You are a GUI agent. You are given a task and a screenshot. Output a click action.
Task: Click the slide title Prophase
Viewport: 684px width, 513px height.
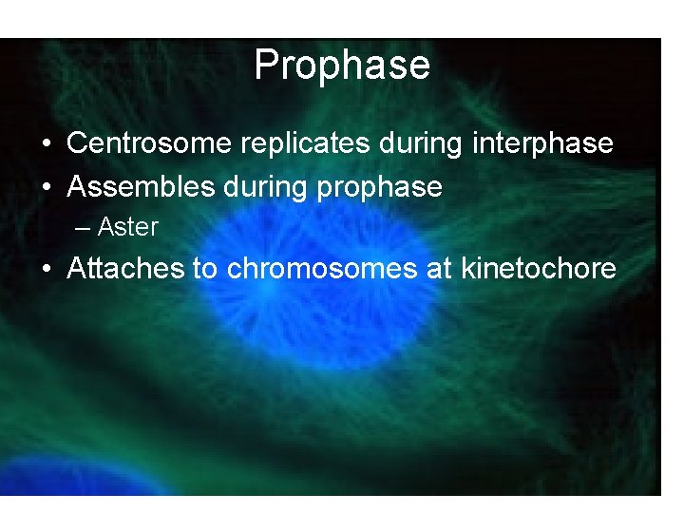(342, 66)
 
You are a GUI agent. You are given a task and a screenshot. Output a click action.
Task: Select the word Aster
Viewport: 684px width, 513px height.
(127, 227)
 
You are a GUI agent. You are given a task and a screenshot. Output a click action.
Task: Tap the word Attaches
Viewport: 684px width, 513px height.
(125, 269)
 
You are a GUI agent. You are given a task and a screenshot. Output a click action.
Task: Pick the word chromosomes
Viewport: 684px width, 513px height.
(323, 269)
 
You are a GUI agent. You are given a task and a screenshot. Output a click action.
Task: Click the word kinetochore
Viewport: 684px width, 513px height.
(538, 269)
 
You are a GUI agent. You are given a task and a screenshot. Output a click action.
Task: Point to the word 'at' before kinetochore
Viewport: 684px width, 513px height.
(439, 269)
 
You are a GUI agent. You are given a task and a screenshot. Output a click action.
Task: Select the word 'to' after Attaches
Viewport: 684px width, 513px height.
(204, 269)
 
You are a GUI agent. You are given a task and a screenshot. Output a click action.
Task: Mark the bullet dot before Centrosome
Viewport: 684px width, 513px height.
(47, 144)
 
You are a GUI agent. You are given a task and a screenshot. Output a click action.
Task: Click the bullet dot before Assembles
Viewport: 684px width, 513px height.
(47, 188)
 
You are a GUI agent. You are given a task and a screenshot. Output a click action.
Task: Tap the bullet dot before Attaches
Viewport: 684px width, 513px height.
(47, 270)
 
